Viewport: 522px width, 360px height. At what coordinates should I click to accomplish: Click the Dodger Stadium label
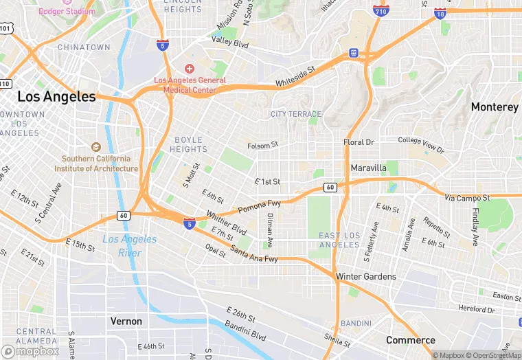[66, 11]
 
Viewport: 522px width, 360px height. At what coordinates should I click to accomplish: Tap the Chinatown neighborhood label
[84, 47]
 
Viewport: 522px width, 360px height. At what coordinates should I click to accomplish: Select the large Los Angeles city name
[56, 97]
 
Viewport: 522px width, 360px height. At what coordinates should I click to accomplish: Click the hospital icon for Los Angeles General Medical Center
[190, 69]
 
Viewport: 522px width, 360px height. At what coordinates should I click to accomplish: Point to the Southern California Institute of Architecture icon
[96, 147]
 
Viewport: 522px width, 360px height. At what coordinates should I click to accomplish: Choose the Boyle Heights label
[188, 144]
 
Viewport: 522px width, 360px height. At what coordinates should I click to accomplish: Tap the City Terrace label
[296, 114]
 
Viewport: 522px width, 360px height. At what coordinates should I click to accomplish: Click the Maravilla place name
[368, 168]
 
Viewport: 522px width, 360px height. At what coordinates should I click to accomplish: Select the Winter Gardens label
[365, 276]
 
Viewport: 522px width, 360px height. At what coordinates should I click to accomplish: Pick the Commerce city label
[410, 340]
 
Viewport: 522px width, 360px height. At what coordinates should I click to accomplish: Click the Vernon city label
[126, 321]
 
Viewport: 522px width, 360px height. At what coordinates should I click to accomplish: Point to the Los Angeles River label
[129, 246]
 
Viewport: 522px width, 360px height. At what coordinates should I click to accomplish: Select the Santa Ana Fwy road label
[253, 253]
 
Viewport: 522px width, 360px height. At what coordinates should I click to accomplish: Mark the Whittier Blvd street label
[226, 222]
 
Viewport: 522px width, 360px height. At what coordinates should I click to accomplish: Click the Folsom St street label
[262, 145]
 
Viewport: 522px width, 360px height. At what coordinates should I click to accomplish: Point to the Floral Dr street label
[359, 142]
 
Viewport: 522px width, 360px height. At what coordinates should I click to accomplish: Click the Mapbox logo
[30, 350]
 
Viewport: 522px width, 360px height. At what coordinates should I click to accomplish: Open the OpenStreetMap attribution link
[493, 355]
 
